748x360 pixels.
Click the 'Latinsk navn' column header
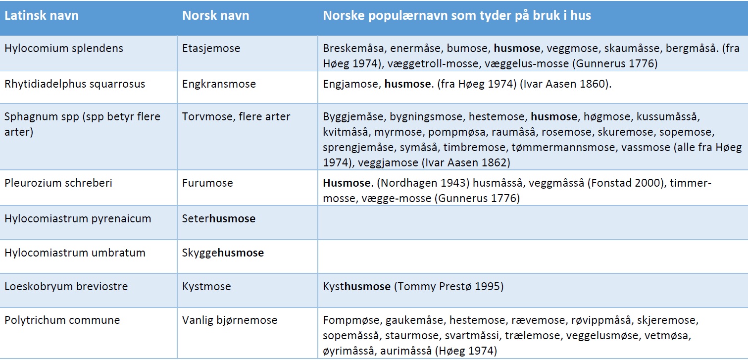coord(42,16)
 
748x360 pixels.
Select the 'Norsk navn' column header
coord(215,16)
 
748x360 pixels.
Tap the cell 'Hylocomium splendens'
coord(64,49)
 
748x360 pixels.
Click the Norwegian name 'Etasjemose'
coord(211,49)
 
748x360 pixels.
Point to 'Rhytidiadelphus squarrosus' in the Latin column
coord(75,84)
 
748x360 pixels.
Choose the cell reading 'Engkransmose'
coord(219,84)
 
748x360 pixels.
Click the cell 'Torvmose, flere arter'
coord(236,117)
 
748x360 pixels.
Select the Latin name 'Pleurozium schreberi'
coord(58,183)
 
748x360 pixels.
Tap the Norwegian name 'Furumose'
coord(207,183)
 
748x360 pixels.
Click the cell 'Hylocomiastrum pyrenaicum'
coord(78,218)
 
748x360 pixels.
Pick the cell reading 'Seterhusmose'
coord(219,218)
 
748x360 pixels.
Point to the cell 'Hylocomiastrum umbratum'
coord(75,253)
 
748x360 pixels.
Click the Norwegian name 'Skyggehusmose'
coord(223,253)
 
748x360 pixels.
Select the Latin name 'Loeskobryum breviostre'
coord(66,287)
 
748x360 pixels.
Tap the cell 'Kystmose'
coord(206,287)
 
